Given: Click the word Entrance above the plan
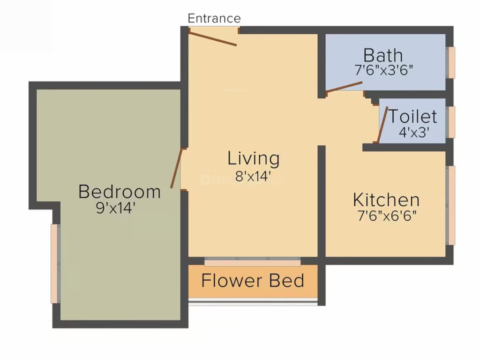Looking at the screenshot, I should point(214,18).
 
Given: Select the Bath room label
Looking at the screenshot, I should point(383,55).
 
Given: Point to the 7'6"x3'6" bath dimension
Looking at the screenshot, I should point(383,70).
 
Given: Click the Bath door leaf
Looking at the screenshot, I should point(344,87).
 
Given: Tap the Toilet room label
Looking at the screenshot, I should point(413,116).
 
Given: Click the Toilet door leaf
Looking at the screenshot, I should point(382,124).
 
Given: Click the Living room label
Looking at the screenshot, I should point(254,158).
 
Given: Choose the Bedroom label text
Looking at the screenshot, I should point(120,192).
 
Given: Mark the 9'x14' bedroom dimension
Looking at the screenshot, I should point(116,208).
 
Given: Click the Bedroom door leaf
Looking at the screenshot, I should point(176,168).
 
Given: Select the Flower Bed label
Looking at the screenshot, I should point(253,281).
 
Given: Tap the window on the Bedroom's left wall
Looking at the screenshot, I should point(54,263).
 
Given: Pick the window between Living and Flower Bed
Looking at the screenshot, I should point(253,262).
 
